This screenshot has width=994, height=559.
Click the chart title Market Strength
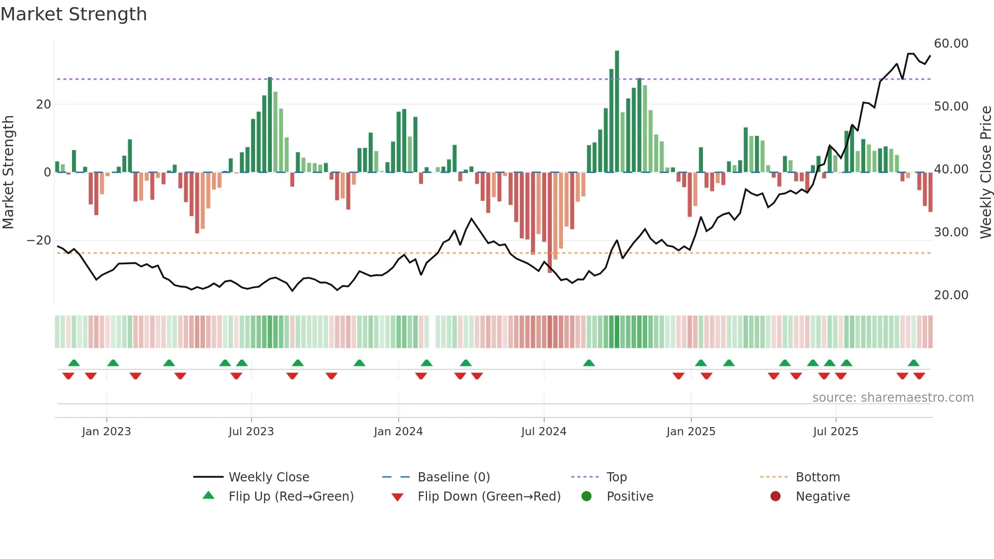click(x=74, y=14)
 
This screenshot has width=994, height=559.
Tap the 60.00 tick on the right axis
click(x=951, y=44)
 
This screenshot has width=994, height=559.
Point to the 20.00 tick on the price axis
click(x=951, y=295)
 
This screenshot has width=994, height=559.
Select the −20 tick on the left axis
click(x=39, y=240)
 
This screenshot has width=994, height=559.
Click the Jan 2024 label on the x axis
click(x=398, y=432)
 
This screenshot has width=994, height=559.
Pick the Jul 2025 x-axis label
click(x=835, y=432)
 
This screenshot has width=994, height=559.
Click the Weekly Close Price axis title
click(x=985, y=172)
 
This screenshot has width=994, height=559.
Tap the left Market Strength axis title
click(x=9, y=172)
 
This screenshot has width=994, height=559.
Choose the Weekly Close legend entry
click(x=268, y=477)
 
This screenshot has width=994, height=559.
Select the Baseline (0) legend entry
click(x=453, y=477)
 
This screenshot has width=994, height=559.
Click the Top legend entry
click(x=616, y=477)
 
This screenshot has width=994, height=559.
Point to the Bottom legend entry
click(x=818, y=477)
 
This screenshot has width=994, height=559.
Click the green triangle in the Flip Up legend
click(x=208, y=496)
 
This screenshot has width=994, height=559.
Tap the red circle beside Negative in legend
click(x=775, y=496)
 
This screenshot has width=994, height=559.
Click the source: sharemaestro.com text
click(x=893, y=398)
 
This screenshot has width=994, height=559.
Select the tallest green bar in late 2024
click(x=617, y=112)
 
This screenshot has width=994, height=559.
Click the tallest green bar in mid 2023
click(x=270, y=124)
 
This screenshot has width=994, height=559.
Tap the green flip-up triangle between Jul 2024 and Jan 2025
click(x=589, y=363)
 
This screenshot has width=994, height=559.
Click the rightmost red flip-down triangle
click(x=919, y=376)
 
